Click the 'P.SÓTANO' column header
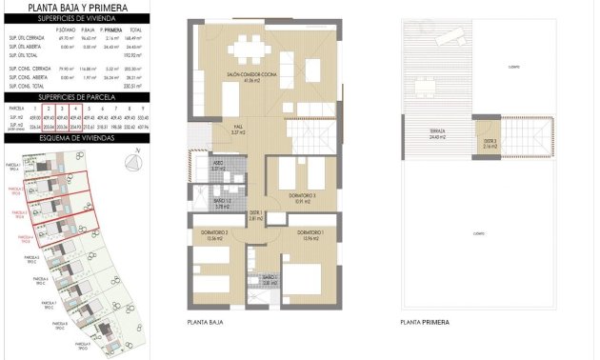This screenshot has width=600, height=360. (65, 30)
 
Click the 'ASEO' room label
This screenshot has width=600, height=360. (218, 165)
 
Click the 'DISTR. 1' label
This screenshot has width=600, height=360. (255, 214)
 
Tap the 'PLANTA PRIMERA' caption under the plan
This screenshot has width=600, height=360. (424, 323)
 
